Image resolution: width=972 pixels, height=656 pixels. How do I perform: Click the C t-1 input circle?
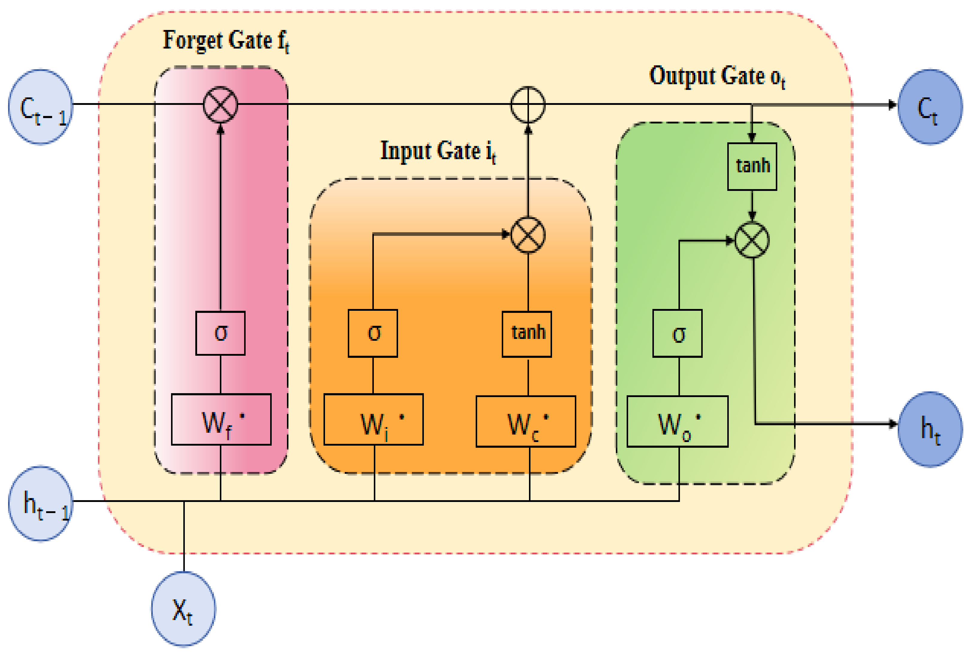(40, 107)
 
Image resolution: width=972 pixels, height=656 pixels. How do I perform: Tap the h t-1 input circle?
(40, 503)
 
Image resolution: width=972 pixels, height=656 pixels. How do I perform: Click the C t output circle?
(930, 107)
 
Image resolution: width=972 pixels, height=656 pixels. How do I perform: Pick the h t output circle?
(930, 429)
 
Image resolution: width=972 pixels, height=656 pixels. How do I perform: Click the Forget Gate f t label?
(226, 41)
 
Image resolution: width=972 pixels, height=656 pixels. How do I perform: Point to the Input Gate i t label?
(438, 151)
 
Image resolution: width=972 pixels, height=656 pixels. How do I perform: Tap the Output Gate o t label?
(717, 76)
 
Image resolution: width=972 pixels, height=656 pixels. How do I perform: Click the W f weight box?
(221, 419)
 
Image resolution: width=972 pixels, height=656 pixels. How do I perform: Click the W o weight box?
(677, 421)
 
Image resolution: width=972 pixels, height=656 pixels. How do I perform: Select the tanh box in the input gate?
(527, 334)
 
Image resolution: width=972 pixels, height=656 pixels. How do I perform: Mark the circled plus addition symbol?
(528, 105)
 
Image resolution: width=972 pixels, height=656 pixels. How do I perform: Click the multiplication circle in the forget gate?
(220, 105)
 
